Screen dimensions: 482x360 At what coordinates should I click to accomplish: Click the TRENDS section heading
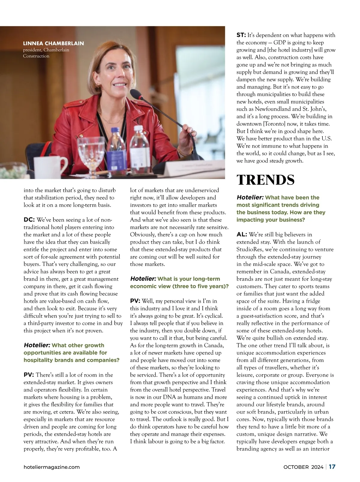click(x=265, y=180)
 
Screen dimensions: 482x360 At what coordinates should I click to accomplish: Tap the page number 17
click(x=332, y=467)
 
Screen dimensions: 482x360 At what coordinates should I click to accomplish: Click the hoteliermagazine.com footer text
click(x=52, y=467)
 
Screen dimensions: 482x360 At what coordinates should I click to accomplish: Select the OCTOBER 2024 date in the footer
click(x=303, y=467)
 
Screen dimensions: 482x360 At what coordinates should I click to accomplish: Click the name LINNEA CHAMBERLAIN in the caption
click(x=54, y=44)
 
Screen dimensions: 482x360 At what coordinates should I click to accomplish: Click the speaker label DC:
click(x=29, y=220)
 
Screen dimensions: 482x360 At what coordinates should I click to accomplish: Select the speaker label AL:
click(x=241, y=234)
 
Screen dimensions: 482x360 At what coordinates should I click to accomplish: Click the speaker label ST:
click(x=241, y=35)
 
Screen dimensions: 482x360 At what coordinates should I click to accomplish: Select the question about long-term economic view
click(x=179, y=282)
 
